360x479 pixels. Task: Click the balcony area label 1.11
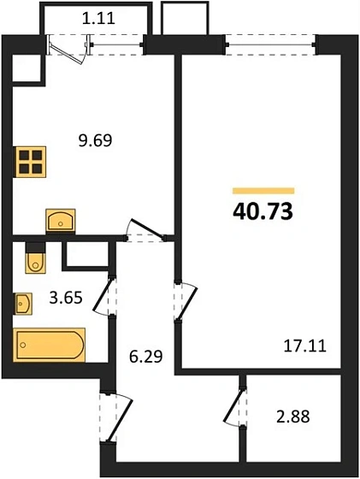[x=98, y=18]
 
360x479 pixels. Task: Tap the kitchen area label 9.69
[x=96, y=140]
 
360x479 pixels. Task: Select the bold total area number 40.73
[x=263, y=212]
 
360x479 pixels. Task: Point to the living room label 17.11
[x=304, y=346]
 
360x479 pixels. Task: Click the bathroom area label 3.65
[x=66, y=298]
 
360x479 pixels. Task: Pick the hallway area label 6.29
[x=145, y=356]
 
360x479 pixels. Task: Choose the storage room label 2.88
[x=292, y=417]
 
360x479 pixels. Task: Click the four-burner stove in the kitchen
[x=31, y=162]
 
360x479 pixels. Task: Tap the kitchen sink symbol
[x=61, y=221]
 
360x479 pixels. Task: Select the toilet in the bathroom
[x=35, y=258]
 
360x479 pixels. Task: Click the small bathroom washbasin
[x=23, y=304]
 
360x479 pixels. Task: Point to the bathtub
[x=50, y=345]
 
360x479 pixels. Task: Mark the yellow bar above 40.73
[x=263, y=191]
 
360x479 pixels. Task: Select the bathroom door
[x=105, y=296]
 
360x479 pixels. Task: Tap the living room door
[x=186, y=301]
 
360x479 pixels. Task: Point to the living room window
[x=270, y=44]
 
